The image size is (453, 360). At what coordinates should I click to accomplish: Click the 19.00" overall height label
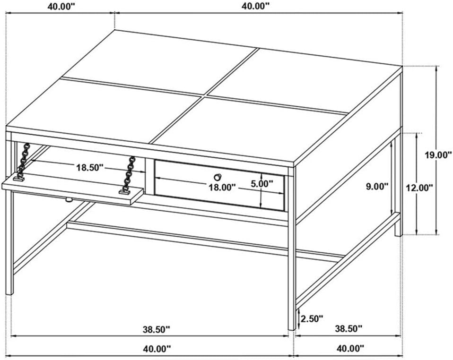438,155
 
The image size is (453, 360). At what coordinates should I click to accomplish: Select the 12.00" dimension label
419,188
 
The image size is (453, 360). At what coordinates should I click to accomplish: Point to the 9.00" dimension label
377,187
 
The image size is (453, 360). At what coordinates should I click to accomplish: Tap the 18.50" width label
89,167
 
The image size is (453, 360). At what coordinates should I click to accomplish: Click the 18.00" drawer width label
222,188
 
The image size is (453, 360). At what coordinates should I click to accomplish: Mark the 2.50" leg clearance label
312,319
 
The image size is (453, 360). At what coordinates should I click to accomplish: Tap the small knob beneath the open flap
68,199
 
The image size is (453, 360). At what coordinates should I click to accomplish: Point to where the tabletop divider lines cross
206,95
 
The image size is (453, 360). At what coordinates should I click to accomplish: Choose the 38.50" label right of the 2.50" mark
348,328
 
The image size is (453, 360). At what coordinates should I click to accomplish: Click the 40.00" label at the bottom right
350,349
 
